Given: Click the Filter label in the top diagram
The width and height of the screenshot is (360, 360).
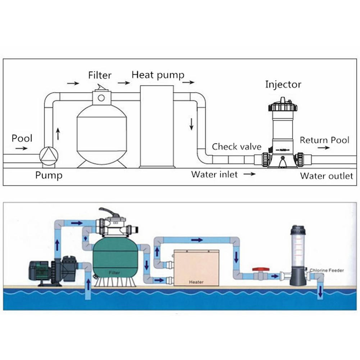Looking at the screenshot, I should pyautogui.click(x=100, y=76).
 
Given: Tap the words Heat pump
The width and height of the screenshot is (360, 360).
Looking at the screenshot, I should pyautogui.click(x=158, y=75).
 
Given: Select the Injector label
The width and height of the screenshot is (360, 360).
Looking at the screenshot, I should pyautogui.click(x=283, y=85).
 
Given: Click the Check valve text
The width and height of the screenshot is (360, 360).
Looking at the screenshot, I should pyautogui.click(x=236, y=147).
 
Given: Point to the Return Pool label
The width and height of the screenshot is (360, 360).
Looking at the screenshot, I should pyautogui.click(x=324, y=140).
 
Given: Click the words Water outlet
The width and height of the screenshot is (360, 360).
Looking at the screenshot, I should pyautogui.click(x=327, y=176).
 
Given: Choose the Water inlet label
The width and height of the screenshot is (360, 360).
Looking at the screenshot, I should pyautogui.click(x=214, y=174).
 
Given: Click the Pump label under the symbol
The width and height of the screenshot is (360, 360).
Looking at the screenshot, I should pyautogui.click(x=49, y=175).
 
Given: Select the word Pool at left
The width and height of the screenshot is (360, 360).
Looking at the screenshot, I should pyautogui.click(x=22, y=138).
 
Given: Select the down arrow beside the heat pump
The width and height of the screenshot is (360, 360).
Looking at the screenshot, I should pyautogui.click(x=191, y=123).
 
